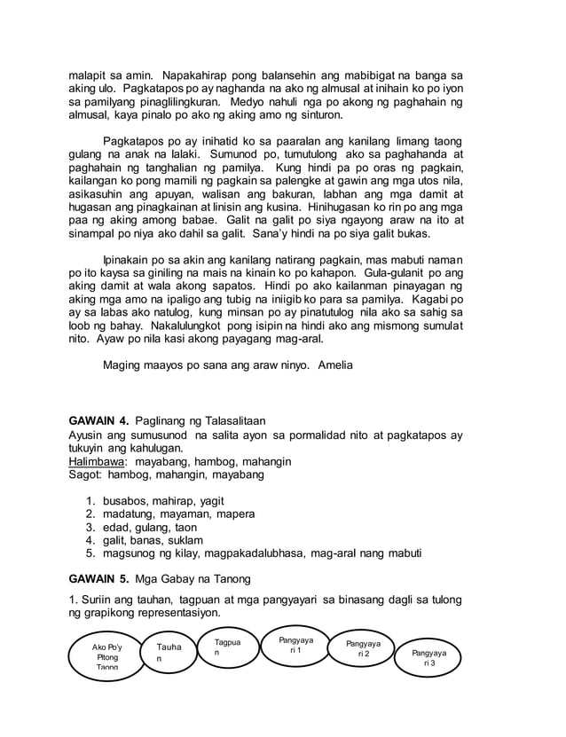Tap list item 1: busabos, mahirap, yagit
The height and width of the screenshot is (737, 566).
(x=163, y=499)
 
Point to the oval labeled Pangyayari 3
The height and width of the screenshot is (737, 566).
(x=428, y=658)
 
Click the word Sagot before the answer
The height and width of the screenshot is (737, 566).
(x=86, y=474)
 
